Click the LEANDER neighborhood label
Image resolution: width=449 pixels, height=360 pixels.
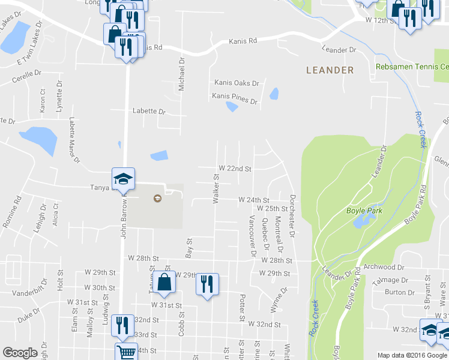point(330,70)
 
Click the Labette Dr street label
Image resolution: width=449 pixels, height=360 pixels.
point(149,111)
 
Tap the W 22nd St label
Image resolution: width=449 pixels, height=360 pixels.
point(234,169)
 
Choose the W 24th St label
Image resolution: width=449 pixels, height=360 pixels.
point(254,199)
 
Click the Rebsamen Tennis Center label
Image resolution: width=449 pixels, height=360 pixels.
point(412,66)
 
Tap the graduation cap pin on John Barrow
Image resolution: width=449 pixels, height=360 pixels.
point(123,179)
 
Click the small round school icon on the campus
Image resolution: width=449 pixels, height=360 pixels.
point(157,199)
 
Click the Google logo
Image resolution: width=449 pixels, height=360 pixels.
point(20,353)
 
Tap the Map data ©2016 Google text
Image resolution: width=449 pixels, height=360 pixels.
point(412,355)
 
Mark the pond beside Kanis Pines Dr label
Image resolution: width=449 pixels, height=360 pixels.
point(231,107)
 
